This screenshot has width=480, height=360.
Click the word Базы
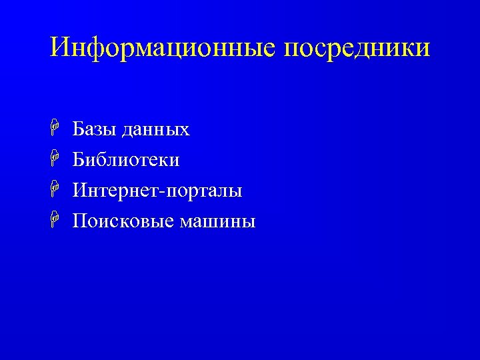point(95,129)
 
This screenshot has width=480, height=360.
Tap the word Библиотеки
point(126,160)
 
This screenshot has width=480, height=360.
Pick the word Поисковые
point(123,221)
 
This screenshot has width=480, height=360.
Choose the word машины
point(217,221)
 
